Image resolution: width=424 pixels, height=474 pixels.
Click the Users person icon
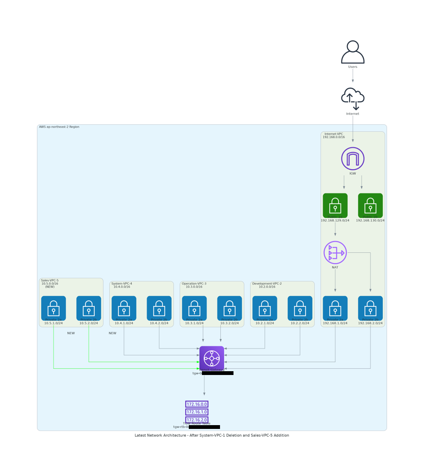(352, 52)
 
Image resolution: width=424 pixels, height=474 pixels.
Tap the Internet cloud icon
(352, 98)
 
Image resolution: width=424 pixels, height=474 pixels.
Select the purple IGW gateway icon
(352, 159)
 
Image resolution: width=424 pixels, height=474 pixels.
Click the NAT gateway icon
(335, 252)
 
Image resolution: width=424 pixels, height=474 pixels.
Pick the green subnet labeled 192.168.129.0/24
(335, 205)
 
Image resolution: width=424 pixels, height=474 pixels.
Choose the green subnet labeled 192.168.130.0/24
(370, 205)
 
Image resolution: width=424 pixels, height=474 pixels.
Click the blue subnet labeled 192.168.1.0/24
(335, 308)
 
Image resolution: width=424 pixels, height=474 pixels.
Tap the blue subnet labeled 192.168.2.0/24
(370, 308)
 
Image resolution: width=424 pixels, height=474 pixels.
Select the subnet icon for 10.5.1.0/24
(54, 308)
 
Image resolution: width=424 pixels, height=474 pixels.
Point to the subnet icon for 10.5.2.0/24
(89, 308)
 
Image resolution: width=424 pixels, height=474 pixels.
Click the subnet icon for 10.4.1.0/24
(124, 308)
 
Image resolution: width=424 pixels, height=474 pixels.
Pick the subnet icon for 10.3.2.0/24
(229, 308)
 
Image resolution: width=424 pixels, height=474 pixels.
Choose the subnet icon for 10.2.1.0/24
(265, 308)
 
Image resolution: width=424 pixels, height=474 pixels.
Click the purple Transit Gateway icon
(212, 358)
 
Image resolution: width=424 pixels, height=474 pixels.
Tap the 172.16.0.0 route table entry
(196, 404)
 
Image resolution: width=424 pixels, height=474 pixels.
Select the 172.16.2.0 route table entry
(196, 420)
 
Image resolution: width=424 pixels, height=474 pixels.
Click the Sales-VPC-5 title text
(50, 281)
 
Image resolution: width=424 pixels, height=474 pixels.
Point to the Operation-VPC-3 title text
(194, 284)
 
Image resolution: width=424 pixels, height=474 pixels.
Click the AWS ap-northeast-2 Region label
(59, 127)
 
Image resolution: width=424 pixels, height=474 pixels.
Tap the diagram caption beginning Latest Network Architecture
(212, 435)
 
